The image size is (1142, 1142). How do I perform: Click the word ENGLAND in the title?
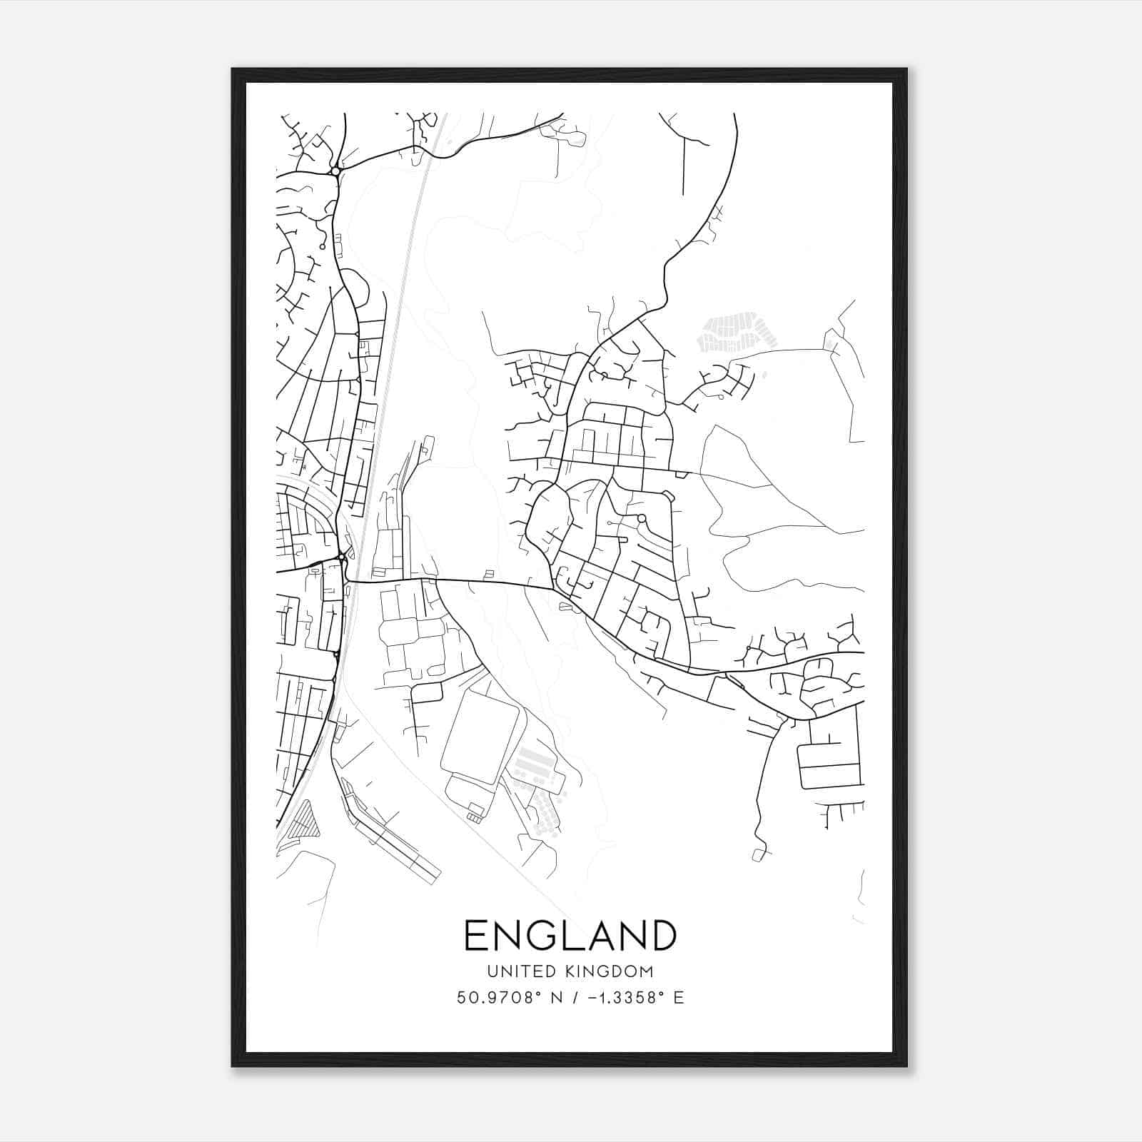point(570,936)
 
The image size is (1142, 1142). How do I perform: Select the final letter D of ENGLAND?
point(662,936)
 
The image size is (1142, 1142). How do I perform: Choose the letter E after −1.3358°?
point(679,998)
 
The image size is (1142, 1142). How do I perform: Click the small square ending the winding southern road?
point(758,854)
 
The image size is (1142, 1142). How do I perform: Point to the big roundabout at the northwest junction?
point(335,171)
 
